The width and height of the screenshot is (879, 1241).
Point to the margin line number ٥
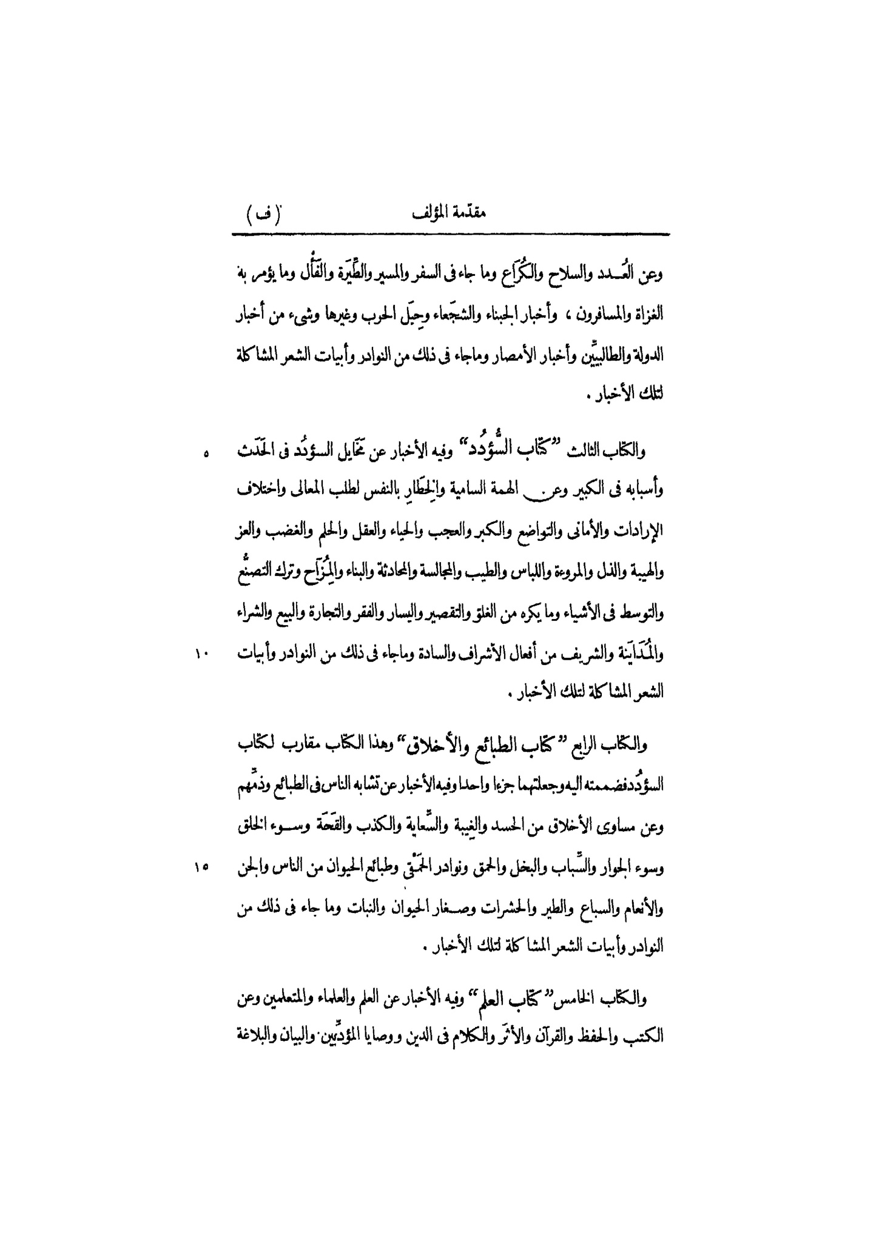(205, 453)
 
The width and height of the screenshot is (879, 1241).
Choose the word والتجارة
(359, 613)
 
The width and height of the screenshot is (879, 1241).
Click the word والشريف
(563, 654)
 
